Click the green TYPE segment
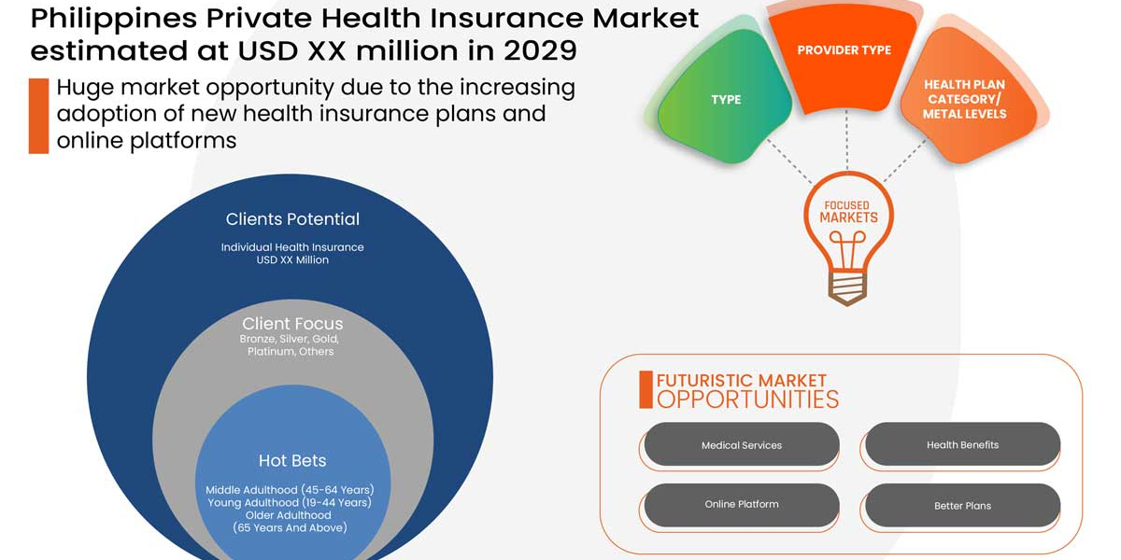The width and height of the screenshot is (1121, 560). click(726, 100)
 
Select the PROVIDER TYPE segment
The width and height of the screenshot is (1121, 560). click(844, 51)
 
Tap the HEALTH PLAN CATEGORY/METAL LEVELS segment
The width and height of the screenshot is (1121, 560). click(964, 99)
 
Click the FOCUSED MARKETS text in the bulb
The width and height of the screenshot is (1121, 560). click(848, 212)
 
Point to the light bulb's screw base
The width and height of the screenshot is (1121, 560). click(848, 287)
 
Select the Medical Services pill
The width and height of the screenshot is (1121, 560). click(741, 445)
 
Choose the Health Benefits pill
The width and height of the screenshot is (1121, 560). click(962, 445)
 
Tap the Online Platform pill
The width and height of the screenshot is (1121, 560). click(741, 505)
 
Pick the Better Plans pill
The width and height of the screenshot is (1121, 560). click(962, 506)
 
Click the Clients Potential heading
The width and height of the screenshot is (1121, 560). click(292, 219)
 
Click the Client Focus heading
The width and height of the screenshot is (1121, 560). click(292, 324)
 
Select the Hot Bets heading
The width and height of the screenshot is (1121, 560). click(292, 461)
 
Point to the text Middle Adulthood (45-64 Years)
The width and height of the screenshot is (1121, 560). click(290, 490)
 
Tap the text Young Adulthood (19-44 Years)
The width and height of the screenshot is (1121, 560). click(290, 502)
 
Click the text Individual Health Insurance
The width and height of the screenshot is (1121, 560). click(292, 247)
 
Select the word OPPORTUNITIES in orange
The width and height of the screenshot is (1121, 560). click(747, 399)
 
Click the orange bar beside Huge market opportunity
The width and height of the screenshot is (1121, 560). click(38, 116)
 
